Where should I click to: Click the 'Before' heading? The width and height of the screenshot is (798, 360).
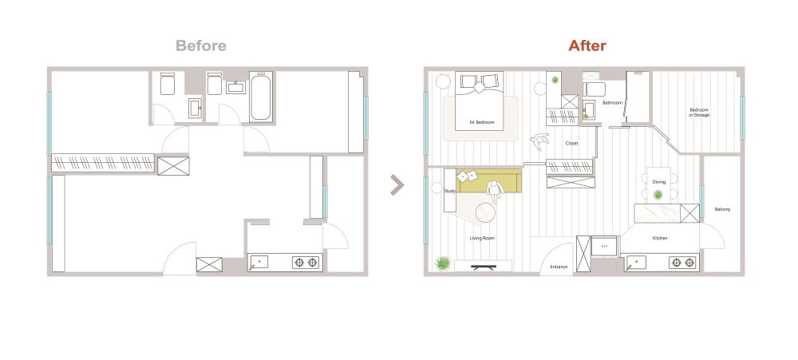click(201, 45)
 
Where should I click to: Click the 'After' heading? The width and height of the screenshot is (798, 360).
click(587, 45)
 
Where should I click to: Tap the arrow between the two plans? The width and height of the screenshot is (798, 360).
click(397, 185)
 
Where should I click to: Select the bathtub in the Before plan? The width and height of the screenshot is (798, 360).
click(261, 97)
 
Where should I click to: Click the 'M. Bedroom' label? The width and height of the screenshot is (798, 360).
click(482, 122)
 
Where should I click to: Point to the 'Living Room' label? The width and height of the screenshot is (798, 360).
click(482, 239)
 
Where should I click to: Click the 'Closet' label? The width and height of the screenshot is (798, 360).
click(571, 144)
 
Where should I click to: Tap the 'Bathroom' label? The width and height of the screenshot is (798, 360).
click(612, 103)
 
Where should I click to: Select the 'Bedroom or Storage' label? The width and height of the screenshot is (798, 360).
click(699, 113)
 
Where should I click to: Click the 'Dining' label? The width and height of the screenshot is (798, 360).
click(658, 182)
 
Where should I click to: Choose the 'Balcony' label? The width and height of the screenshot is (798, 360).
click(722, 209)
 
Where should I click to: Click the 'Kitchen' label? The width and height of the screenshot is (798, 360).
click(660, 239)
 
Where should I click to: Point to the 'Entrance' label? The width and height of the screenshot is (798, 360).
click(559, 267)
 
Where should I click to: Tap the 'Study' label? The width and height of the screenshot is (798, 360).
click(449, 192)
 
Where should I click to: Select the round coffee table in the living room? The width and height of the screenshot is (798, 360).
click(485, 213)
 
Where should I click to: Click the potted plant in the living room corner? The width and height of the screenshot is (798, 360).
click(443, 263)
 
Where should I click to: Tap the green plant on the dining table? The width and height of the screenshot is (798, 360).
click(658, 195)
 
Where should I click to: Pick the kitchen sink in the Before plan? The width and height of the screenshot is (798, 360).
click(258, 263)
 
